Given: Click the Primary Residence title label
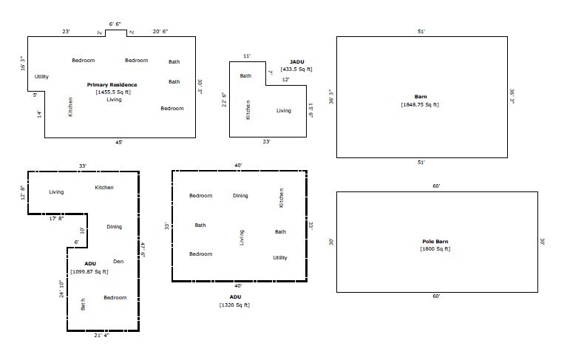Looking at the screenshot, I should pos(112,85).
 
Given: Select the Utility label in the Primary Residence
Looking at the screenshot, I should pos(42,77).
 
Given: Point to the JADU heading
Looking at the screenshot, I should pos(296,62).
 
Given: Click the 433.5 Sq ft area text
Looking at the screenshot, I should pos(296,69).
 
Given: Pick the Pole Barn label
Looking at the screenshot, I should pos(436,242).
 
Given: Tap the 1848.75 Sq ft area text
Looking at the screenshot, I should pos(421,104).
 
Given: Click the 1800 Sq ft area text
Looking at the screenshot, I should pos(436,248).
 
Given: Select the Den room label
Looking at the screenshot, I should pos(118,262).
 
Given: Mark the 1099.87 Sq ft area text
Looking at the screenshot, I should pos(90,272).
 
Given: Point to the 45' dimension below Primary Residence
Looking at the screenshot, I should pos(119,142).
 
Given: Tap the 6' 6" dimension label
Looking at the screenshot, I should pos(116,24).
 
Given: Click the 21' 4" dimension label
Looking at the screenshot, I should pos(103,335).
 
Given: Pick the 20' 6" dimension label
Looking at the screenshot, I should pos(160,32).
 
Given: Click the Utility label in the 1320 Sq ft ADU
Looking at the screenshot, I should pos(280,258).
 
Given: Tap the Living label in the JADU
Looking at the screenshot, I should pos(284,111).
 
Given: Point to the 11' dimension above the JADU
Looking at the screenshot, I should pos(247,55).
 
